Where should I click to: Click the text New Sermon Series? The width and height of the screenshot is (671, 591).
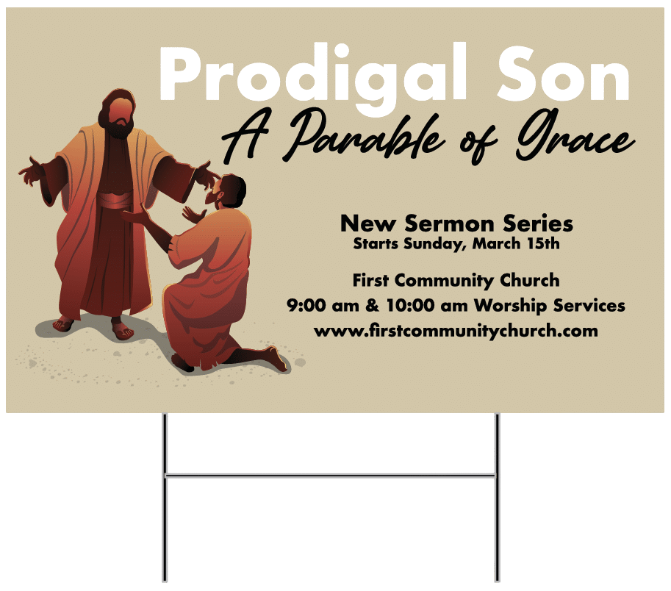pos(456,223)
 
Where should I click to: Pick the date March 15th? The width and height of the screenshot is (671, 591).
pos(516,244)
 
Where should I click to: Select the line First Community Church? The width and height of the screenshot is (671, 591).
pos(456,280)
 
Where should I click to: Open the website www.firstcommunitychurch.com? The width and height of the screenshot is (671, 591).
pos(456,331)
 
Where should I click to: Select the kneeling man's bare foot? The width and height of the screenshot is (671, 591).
pos(276,360)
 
